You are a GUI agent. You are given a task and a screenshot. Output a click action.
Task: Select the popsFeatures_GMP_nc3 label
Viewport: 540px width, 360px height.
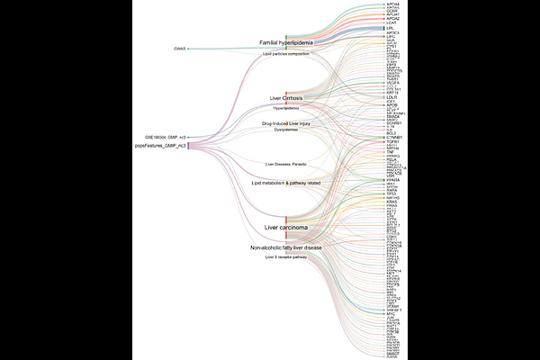(160, 145)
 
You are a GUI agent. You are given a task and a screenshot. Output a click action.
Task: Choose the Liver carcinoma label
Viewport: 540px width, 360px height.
(285, 229)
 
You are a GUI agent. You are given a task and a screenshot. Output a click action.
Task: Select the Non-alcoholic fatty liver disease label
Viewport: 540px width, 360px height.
(285, 247)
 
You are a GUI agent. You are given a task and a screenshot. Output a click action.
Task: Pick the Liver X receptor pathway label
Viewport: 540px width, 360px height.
(285, 257)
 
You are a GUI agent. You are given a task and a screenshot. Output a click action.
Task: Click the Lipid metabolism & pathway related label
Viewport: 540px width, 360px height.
(285, 183)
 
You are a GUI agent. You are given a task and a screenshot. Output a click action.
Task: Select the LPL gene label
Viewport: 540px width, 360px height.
(390, 28)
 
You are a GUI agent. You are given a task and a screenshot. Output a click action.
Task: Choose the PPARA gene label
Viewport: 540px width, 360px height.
(392, 179)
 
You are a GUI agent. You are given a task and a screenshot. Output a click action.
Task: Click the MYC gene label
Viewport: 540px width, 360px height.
(390, 314)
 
